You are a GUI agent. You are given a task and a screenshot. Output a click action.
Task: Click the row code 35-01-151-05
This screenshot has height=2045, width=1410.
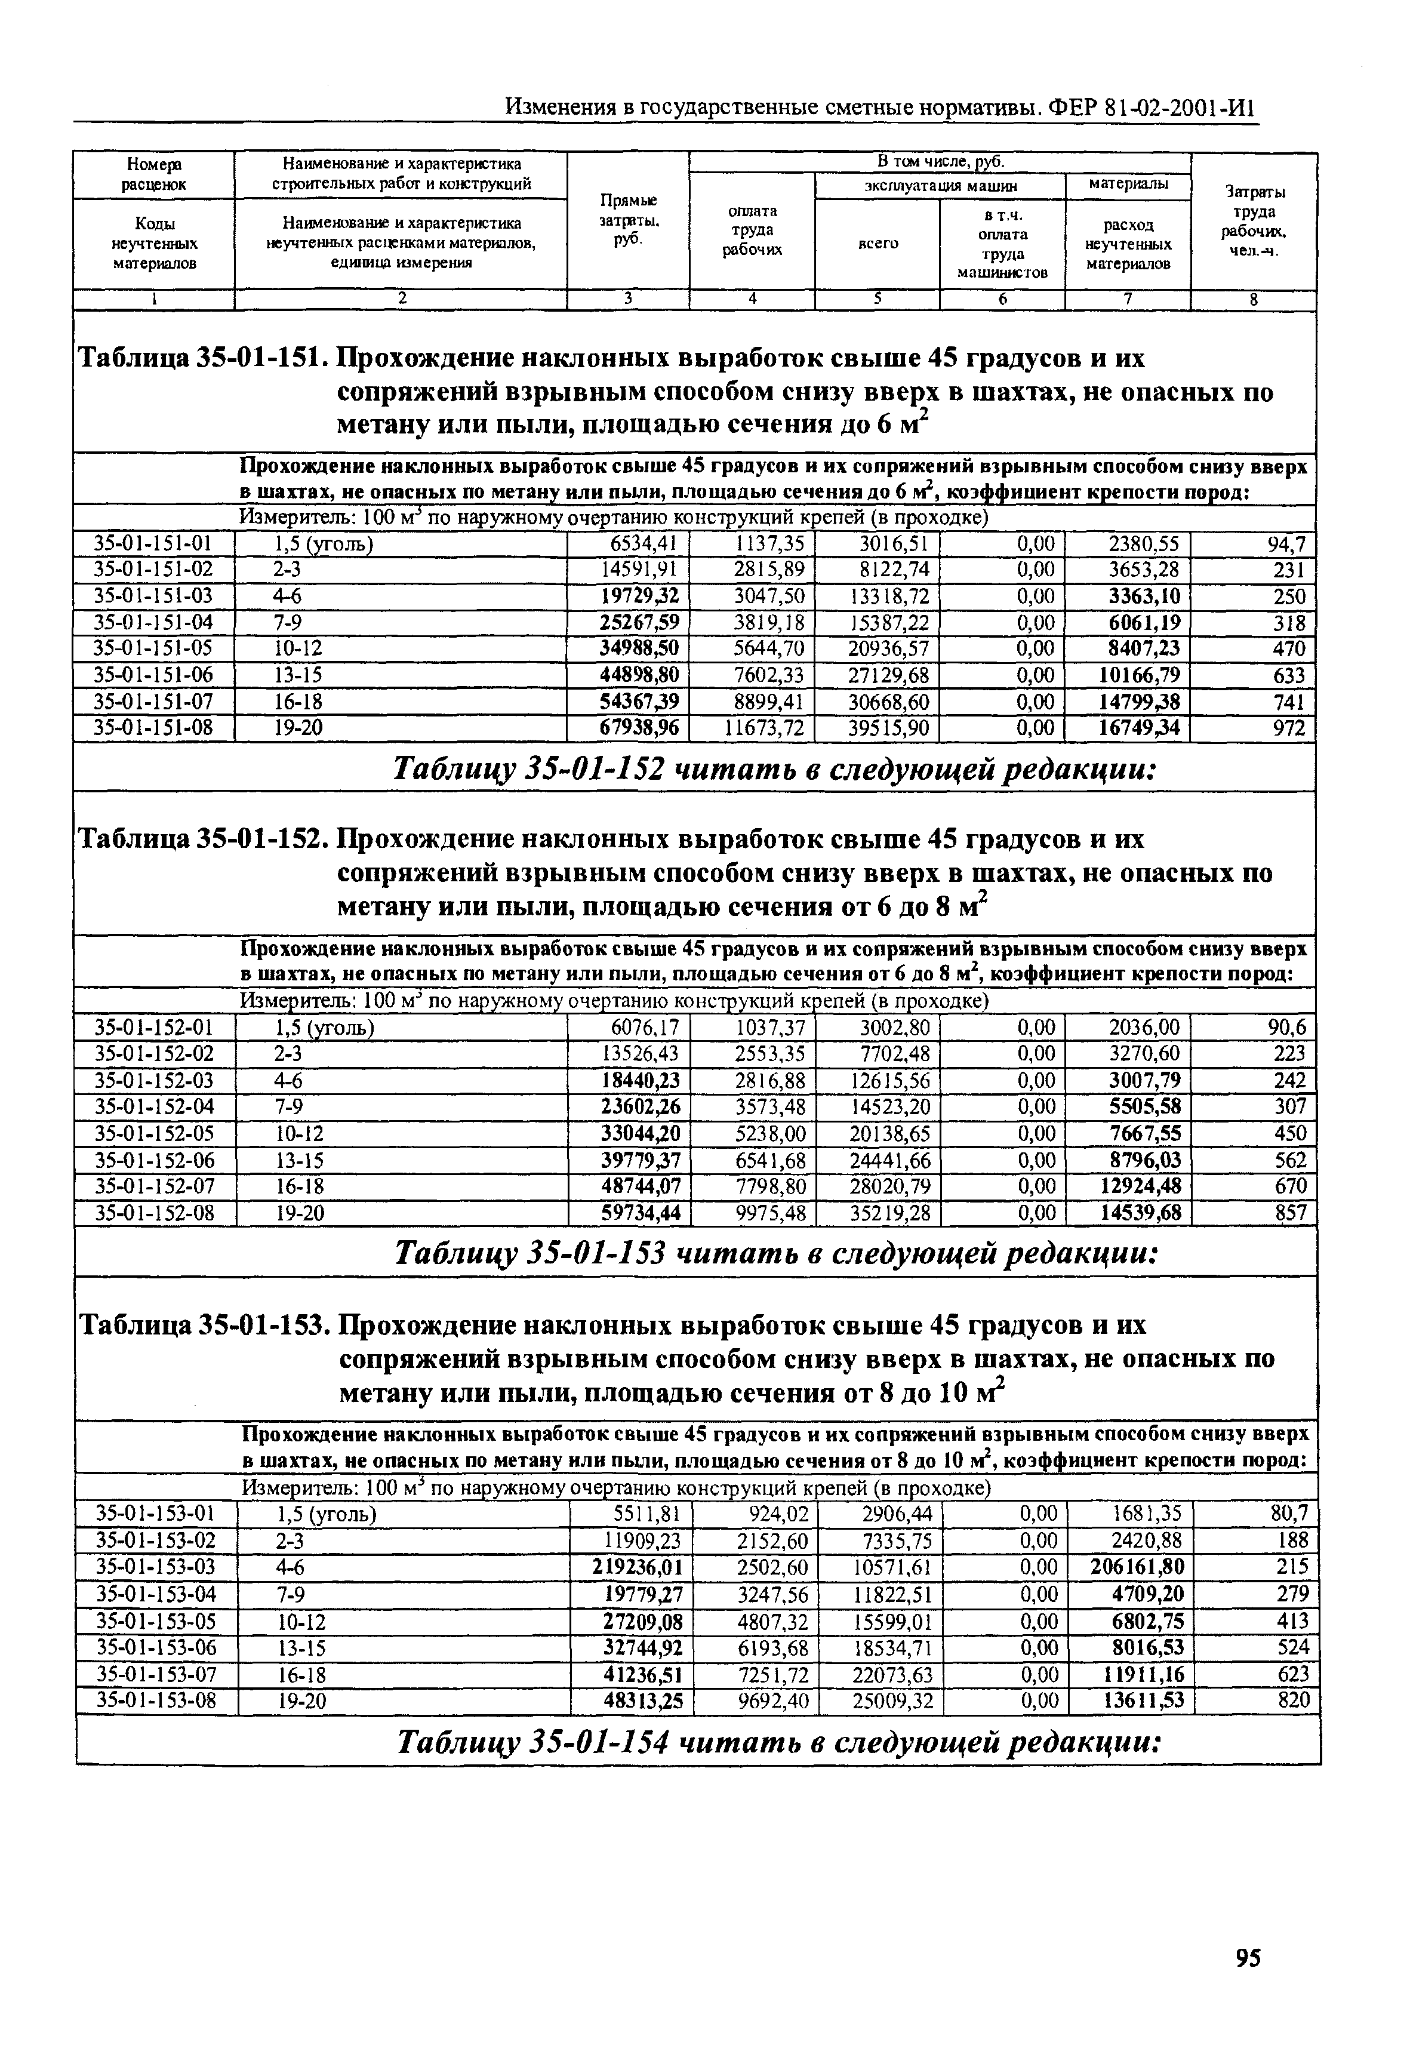(x=154, y=648)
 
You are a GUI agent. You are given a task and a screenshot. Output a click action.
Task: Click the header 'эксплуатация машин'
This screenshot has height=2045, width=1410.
(x=940, y=186)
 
